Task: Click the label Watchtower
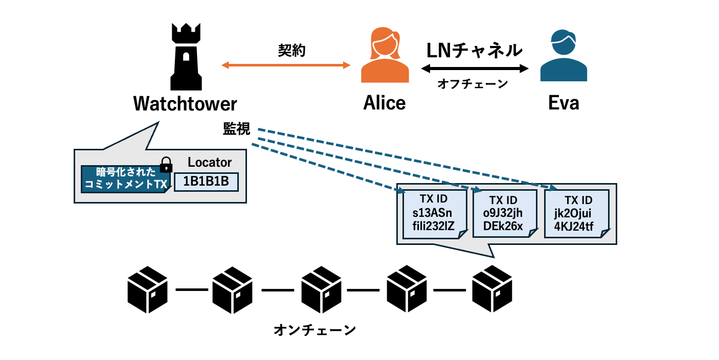(x=185, y=104)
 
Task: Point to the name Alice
(x=385, y=103)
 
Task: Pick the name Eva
(x=564, y=103)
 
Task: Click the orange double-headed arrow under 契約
(x=285, y=65)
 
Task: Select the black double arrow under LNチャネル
(x=474, y=68)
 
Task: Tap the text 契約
(x=291, y=50)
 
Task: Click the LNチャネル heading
(x=474, y=50)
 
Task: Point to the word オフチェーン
(x=473, y=84)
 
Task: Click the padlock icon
(x=166, y=164)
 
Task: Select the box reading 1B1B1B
(x=207, y=182)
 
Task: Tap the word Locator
(x=210, y=163)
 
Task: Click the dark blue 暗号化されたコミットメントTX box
(x=126, y=179)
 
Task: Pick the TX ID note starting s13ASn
(x=434, y=213)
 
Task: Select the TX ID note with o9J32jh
(x=504, y=213)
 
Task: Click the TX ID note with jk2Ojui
(x=576, y=213)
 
